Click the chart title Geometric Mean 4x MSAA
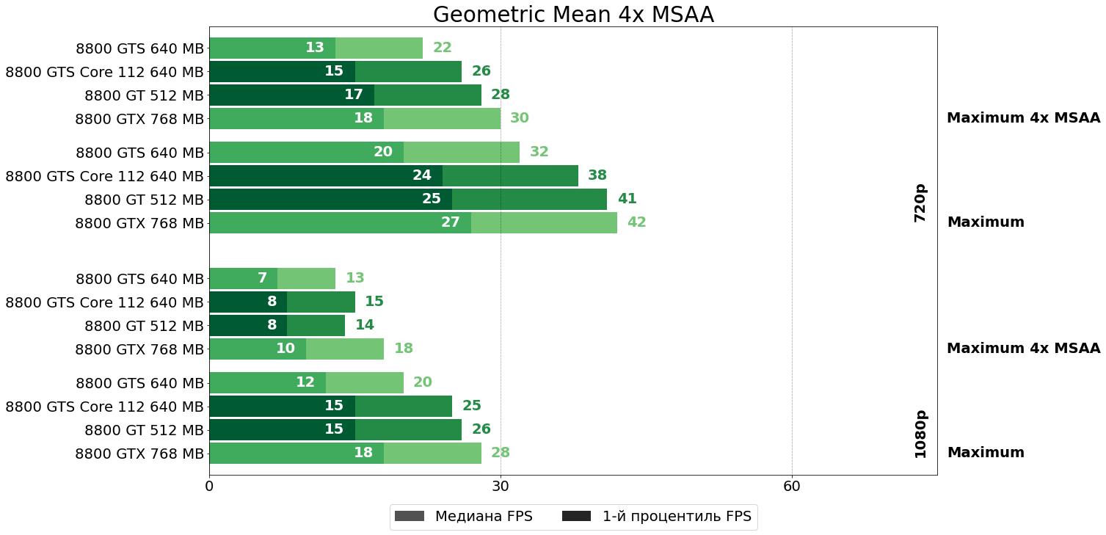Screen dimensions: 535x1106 point(573,15)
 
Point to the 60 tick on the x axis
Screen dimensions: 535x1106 point(791,486)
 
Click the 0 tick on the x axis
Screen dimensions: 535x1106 point(209,486)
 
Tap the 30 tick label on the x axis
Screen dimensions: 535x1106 point(501,486)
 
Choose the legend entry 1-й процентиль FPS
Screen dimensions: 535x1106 point(657,517)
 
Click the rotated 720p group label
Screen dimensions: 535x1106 point(920,203)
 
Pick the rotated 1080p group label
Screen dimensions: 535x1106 point(920,434)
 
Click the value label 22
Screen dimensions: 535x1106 point(443,48)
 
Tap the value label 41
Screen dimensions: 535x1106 point(627,199)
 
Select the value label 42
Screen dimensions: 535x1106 point(636,222)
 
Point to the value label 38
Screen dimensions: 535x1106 point(597,175)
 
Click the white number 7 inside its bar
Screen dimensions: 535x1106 point(262,278)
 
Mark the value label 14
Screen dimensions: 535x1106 point(365,325)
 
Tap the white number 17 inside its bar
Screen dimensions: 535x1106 point(354,95)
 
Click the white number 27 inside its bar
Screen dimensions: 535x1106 point(450,222)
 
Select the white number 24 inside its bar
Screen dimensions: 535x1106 point(422,175)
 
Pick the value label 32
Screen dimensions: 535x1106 point(539,152)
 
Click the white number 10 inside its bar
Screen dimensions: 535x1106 point(285,349)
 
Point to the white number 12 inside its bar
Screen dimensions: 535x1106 point(305,382)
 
